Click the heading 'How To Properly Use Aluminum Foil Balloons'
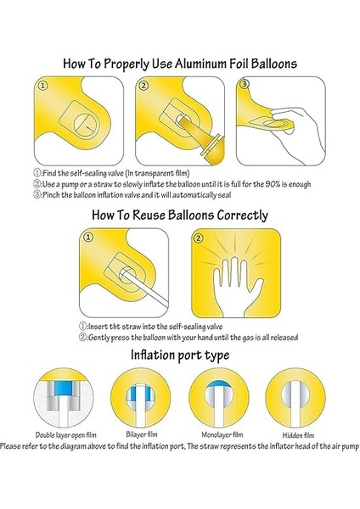click(180, 63)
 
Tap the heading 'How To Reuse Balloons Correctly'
click(180, 215)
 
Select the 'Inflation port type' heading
click(180, 355)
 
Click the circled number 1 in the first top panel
click(45, 87)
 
